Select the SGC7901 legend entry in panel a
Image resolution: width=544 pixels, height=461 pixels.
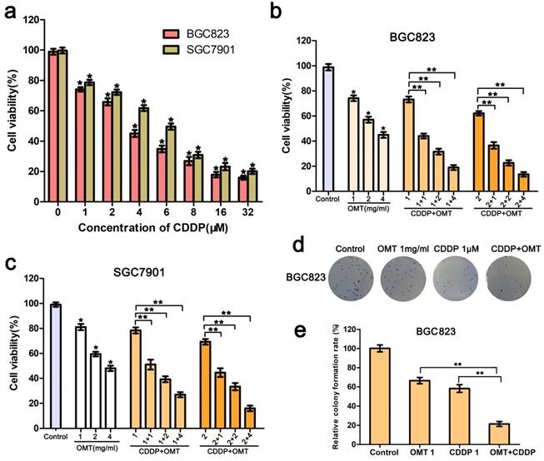[x=195, y=52]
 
